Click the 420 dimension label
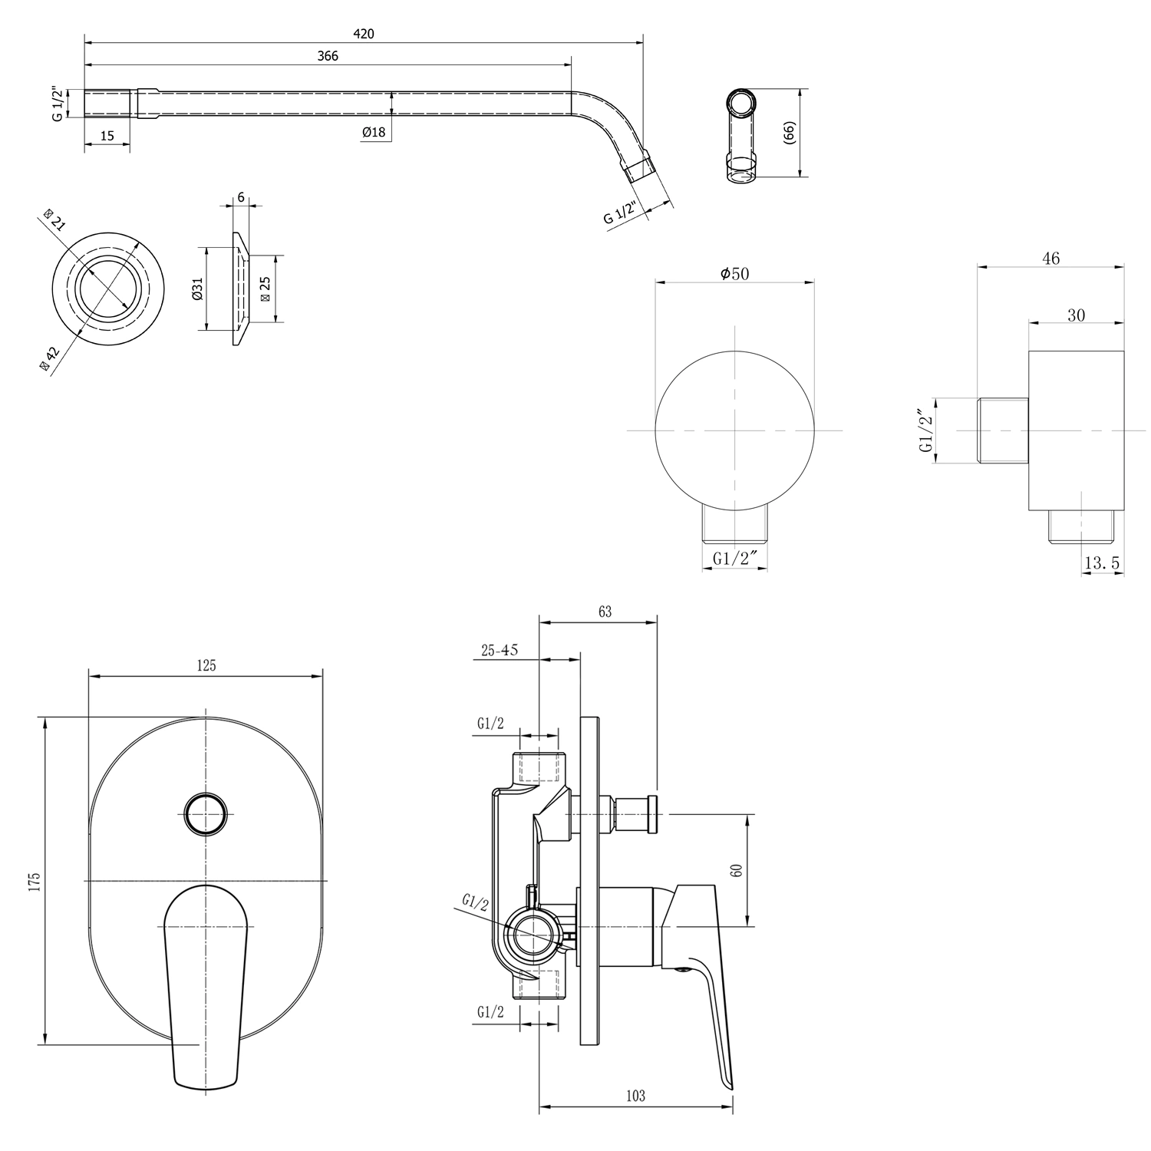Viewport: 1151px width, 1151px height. tap(364, 34)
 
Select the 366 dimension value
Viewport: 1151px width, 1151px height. tap(328, 56)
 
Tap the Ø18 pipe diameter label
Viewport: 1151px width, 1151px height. tap(374, 132)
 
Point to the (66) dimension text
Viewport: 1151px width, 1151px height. tap(790, 133)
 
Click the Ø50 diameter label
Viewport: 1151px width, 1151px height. tap(734, 274)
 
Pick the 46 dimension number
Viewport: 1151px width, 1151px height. tap(1051, 259)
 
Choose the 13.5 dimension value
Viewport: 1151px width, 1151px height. tap(1102, 564)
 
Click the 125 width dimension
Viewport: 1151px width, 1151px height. tap(206, 666)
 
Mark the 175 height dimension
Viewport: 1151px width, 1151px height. tap(34, 881)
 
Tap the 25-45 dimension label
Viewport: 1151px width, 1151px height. tap(500, 651)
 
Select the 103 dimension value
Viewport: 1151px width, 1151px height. tap(635, 1096)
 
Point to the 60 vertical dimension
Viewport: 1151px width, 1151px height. tap(737, 871)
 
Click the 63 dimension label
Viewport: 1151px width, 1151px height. tap(605, 612)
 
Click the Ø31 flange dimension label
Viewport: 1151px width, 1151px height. tap(198, 289)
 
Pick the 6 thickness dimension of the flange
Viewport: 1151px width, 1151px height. tap(241, 197)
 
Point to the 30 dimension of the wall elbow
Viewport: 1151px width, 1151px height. tap(1077, 315)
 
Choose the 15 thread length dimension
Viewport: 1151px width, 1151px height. tap(107, 136)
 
